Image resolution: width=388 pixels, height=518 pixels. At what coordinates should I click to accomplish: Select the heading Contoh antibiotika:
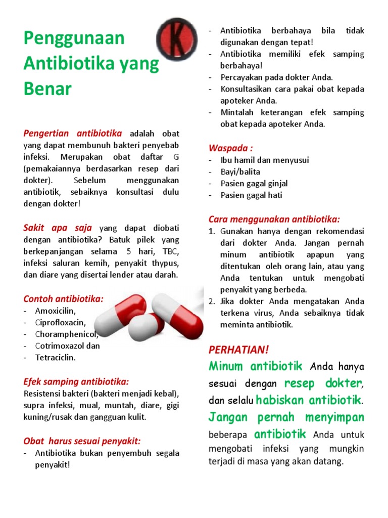[63, 298]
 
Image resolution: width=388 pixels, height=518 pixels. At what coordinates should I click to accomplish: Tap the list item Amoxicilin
[55, 311]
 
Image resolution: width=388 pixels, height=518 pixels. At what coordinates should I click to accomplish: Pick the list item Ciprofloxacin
[61, 322]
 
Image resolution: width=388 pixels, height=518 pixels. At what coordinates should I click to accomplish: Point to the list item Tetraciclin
[55, 358]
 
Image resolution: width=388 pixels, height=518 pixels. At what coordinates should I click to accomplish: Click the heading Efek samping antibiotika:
[76, 381]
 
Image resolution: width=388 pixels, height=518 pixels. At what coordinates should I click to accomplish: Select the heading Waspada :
[230, 148]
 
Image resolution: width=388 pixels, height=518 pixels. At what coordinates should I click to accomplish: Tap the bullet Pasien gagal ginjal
[254, 183]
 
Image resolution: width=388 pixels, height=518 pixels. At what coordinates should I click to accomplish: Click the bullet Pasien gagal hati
[251, 195]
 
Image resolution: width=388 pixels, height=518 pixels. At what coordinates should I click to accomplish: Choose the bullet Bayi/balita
[240, 171]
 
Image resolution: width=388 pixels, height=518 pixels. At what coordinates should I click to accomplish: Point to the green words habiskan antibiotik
[309, 400]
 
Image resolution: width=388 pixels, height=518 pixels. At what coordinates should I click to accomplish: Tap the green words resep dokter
[322, 382]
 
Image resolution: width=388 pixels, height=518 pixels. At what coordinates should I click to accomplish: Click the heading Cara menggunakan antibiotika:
[274, 219]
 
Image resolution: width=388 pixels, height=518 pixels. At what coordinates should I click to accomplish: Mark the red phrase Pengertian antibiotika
[73, 134]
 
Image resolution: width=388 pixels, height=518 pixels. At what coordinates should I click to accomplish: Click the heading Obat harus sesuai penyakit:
[82, 441]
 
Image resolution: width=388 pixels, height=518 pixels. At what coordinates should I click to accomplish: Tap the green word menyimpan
[334, 417]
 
